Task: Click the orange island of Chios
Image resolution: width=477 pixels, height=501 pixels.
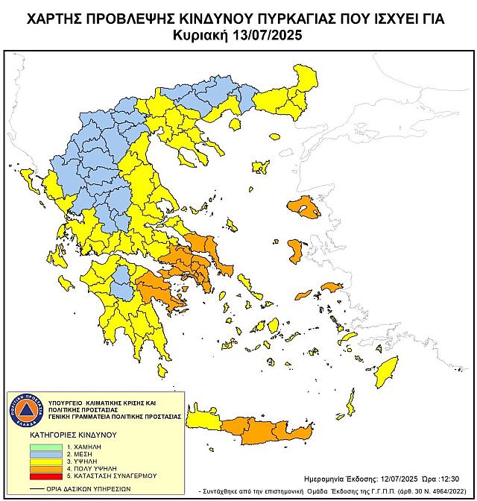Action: click(x=295, y=250)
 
